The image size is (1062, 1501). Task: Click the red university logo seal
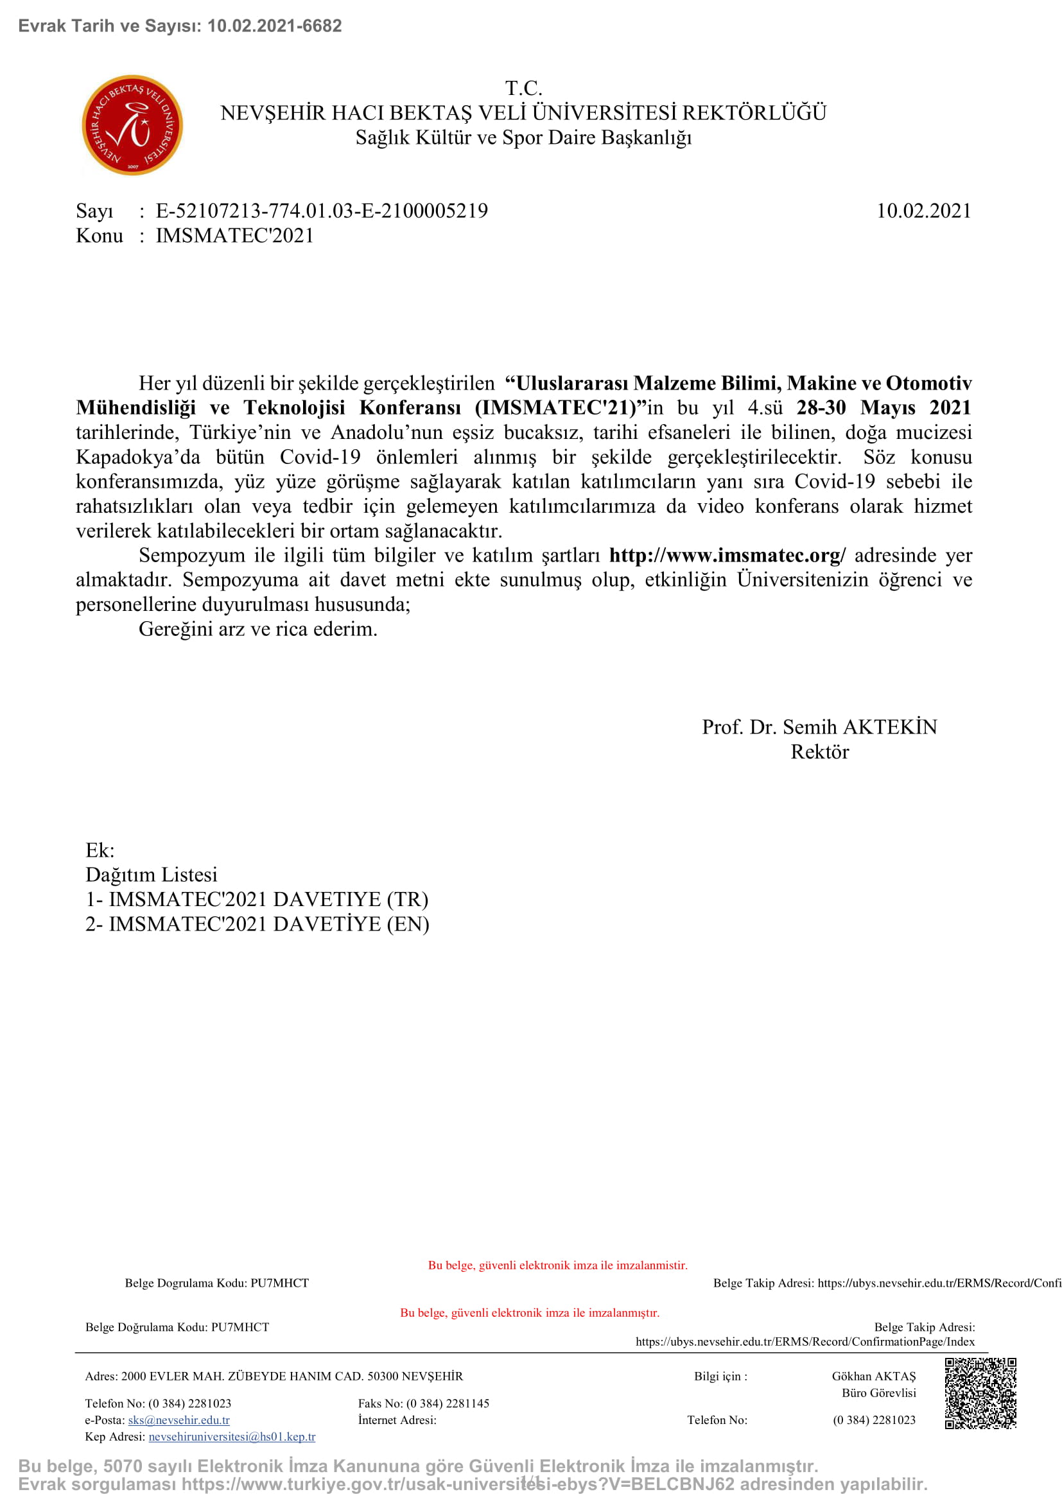132,125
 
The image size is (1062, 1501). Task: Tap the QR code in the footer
980,1393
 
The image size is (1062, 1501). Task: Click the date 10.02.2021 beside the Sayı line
923,211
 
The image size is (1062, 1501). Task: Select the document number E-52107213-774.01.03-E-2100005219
322,211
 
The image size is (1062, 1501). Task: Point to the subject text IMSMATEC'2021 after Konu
235,236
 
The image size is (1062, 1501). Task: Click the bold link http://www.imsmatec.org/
727,555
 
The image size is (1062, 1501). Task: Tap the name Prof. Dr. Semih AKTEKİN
819,727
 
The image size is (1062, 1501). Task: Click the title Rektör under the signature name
819,752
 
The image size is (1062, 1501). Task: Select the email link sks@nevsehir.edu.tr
178,1420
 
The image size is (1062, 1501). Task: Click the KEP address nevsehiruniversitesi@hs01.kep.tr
232,1437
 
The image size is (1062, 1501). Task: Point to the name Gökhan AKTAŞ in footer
874,1376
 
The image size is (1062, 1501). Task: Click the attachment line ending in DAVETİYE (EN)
257,924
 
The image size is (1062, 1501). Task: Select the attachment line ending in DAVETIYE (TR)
257,900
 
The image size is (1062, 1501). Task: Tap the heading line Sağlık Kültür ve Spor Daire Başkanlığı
523,138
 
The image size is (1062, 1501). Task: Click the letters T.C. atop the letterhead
524,89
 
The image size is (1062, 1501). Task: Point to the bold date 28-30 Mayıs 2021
884,408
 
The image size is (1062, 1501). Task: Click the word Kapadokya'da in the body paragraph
138,457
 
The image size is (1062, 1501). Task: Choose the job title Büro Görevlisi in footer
879,1393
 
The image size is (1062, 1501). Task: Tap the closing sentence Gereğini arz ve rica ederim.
257,629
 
